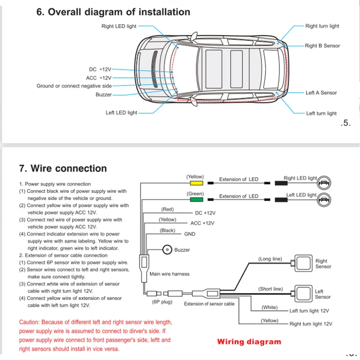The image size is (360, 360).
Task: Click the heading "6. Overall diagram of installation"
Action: [113, 12]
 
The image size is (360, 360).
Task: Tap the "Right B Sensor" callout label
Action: [322, 46]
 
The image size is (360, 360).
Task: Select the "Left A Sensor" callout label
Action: [321, 93]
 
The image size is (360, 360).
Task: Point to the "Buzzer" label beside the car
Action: [104, 95]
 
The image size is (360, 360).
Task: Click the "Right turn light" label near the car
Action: [322, 26]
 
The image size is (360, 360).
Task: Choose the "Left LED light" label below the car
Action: [121, 113]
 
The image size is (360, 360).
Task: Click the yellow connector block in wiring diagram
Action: [195, 183]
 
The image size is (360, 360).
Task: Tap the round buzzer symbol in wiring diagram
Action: [167, 249]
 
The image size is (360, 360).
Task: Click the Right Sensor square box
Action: [302, 263]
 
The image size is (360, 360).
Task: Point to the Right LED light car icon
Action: [324, 183]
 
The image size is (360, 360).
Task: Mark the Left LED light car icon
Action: [324, 199]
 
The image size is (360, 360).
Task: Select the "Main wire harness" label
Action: [169, 274]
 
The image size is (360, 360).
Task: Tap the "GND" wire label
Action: [190, 234]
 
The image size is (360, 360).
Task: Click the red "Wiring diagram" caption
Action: [249, 342]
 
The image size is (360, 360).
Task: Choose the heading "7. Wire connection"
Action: [63, 168]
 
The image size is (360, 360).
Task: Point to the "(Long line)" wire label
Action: [270, 259]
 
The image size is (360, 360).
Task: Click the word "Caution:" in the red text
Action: [30, 322]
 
